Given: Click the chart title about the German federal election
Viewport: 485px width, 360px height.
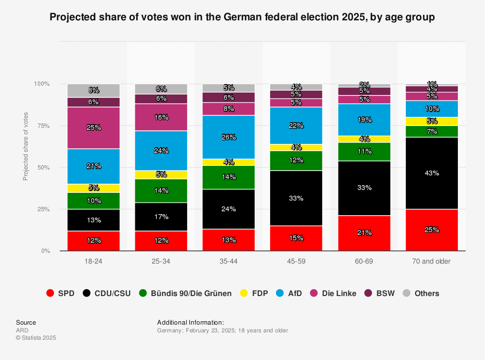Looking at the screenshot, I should click(242, 17).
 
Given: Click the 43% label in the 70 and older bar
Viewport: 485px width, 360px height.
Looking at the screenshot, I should click(432, 173).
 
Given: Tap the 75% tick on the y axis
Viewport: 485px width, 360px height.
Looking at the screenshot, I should click(43, 125).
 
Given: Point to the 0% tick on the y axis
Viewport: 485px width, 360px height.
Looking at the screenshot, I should click(45, 251).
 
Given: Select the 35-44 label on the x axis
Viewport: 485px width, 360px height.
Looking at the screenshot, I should click(229, 261).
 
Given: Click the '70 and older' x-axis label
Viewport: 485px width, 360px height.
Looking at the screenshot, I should click(432, 261).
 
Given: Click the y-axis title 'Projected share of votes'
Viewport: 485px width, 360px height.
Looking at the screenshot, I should click(26, 146).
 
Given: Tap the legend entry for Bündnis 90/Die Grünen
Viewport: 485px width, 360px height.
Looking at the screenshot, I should click(185, 293).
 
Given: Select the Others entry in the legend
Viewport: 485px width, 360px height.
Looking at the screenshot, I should click(421, 293).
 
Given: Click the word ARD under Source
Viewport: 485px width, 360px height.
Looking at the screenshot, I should click(22, 330).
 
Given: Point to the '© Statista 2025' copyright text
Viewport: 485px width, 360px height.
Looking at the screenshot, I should click(36, 338).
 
